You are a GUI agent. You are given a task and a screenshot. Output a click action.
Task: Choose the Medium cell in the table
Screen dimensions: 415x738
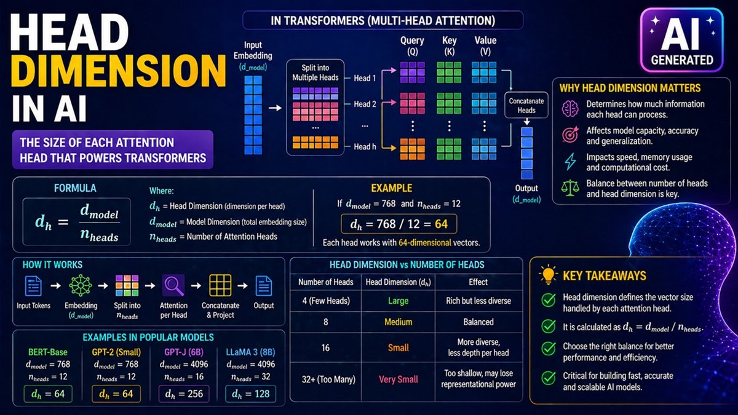[x=398, y=322]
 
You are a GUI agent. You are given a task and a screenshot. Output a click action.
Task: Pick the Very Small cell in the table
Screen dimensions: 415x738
[x=398, y=379]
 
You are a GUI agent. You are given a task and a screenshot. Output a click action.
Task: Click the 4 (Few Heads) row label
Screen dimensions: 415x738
[x=325, y=301]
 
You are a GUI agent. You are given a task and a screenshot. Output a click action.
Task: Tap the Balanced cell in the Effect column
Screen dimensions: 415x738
[x=478, y=322]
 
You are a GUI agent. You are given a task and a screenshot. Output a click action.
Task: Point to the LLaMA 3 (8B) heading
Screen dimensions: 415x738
[x=250, y=352]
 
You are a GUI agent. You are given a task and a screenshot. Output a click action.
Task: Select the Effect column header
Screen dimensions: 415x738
[x=478, y=282]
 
